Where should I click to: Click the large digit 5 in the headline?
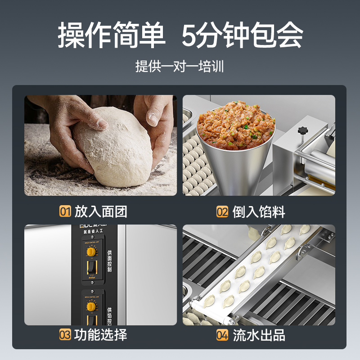190,35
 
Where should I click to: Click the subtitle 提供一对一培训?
180,66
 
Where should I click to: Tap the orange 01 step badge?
65,211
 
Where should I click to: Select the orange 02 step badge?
222,211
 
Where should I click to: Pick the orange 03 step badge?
65,335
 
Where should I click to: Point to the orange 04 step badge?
222,335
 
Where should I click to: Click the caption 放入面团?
101,211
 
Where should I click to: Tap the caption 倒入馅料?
259,211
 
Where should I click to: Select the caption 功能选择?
101,335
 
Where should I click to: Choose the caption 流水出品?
259,335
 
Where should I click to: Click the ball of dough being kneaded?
112,146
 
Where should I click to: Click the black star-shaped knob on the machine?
302,130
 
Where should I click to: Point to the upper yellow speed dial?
91,252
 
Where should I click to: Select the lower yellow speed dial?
91,306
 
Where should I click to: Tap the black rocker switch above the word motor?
91,266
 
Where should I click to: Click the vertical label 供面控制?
109,262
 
